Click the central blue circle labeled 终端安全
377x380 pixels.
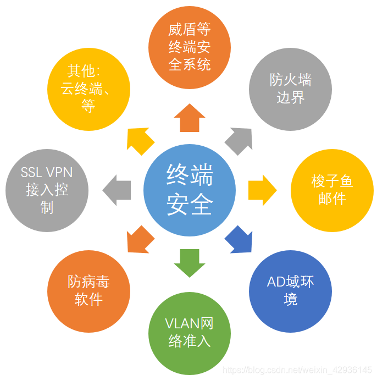click(190, 190)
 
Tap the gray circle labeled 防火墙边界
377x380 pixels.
click(291, 89)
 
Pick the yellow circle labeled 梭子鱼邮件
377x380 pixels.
click(332, 190)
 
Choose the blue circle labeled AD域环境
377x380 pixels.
click(291, 291)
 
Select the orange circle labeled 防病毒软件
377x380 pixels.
click(89, 291)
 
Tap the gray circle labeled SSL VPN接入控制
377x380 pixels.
click(47, 190)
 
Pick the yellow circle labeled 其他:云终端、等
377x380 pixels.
click(89, 89)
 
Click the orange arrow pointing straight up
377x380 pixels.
click(190, 118)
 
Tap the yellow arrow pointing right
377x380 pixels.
click(261, 190)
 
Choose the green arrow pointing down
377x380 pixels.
click(190, 262)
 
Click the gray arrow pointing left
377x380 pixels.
click(118, 190)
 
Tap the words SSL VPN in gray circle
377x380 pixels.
click(47, 173)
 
